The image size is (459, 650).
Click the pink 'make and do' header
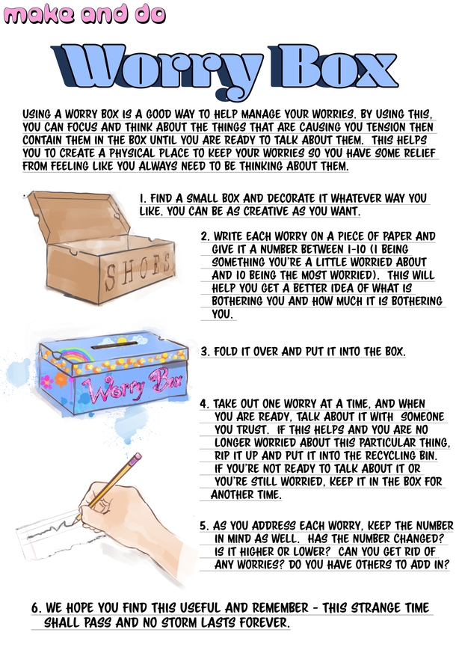(84, 13)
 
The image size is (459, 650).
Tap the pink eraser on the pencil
(135, 459)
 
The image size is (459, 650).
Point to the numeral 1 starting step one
(142, 198)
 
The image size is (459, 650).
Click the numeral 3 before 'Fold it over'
(205, 352)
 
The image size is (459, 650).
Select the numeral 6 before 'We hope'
(36, 609)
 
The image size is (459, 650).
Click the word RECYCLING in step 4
(391, 456)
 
